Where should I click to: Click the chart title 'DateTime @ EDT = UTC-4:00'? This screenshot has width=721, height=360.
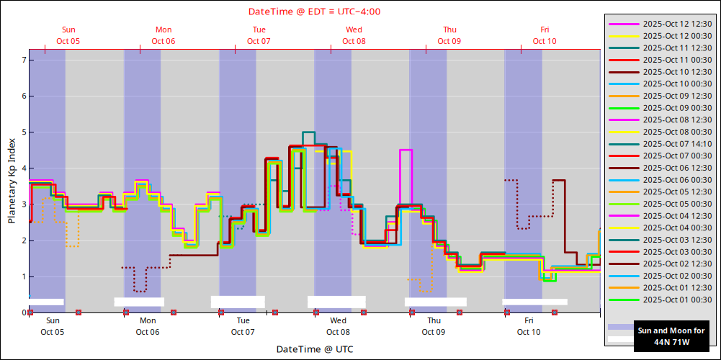coord(314,12)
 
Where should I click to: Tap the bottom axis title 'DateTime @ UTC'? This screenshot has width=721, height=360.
coord(314,349)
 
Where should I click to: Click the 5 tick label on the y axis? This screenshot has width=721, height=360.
coord(24,132)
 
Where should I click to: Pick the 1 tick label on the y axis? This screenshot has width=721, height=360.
coord(24,276)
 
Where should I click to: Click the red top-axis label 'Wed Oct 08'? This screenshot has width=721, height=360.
coord(354,35)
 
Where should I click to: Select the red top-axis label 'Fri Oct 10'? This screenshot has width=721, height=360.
coord(545,35)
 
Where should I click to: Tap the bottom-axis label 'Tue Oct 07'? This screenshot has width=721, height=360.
coord(243,326)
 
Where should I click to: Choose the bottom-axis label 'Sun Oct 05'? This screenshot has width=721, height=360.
coord(53,326)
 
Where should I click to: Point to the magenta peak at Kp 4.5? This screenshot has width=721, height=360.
coord(406,150)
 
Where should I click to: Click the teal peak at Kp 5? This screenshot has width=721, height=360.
coord(308,132)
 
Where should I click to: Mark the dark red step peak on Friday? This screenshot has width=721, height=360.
coord(558,180)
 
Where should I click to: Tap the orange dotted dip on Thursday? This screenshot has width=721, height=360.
coord(425,290)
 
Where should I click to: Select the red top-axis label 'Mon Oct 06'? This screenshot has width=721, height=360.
coord(164,35)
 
